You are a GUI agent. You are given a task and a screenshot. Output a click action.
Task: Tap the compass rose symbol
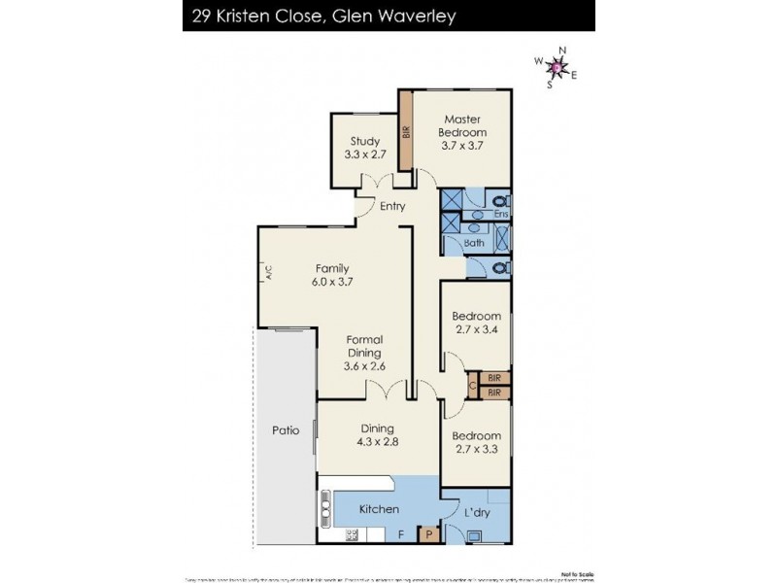[556, 67]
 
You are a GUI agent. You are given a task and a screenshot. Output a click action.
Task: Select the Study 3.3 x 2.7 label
[365, 148]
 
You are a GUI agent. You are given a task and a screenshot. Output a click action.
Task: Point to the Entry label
[392, 206]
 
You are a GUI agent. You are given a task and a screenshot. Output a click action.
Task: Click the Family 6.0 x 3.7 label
[331, 275]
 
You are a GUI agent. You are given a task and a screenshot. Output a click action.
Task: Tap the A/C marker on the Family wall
[266, 273]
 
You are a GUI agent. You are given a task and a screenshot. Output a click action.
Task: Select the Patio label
[286, 429]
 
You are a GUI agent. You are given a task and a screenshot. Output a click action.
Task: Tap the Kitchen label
[379, 509]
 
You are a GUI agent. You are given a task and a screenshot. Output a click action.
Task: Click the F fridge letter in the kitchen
[401, 533]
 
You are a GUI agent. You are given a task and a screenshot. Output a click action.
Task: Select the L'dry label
[477, 512]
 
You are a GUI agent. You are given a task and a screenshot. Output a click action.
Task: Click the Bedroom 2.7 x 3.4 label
[476, 323]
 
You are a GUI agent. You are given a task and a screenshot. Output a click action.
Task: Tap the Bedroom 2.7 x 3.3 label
[476, 442]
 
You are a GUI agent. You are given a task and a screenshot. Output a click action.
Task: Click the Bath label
[474, 243]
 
